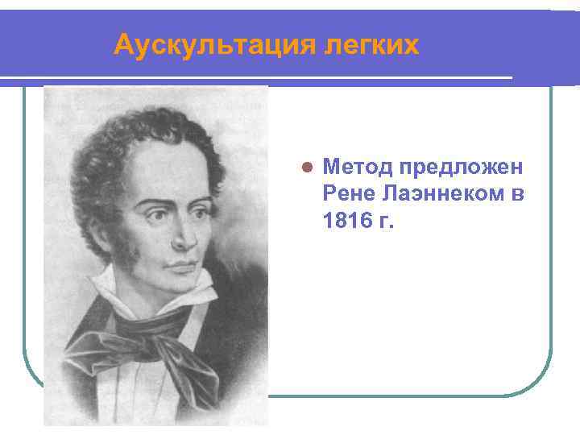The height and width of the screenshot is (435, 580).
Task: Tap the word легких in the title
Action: (371, 45)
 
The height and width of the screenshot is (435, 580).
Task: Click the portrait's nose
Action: (184, 234)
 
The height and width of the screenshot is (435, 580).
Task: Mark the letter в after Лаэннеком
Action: (516, 193)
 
